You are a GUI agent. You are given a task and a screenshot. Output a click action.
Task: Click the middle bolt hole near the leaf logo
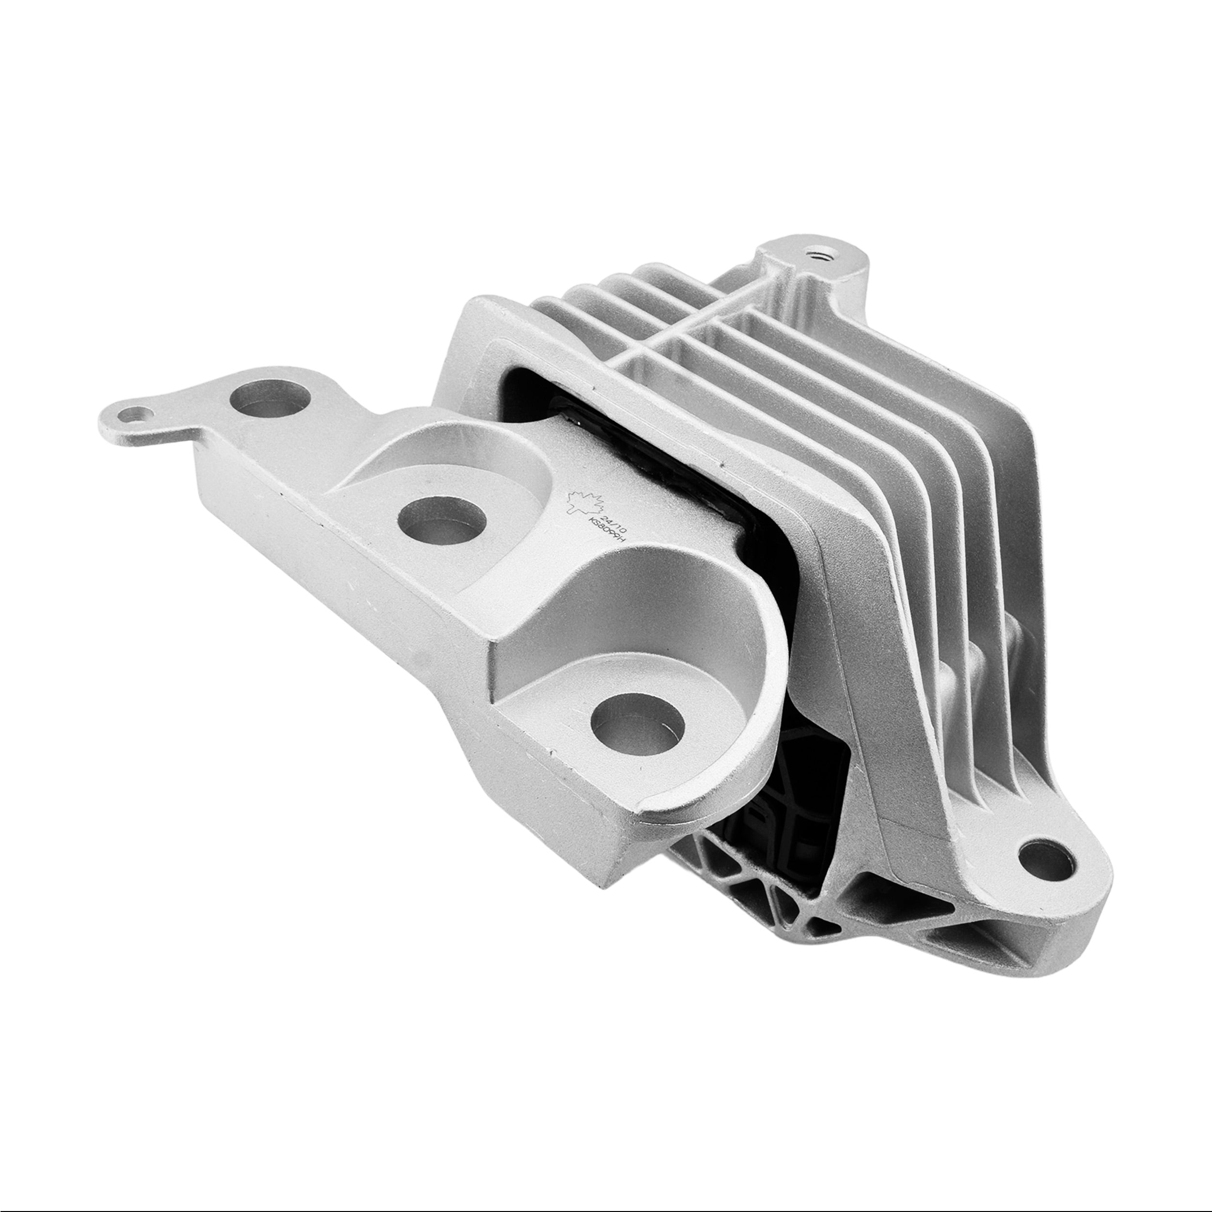click(x=443, y=520)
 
